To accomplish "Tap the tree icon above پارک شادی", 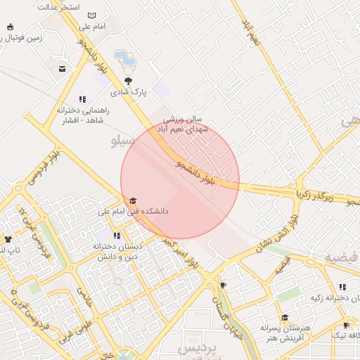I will pyautogui.click(x=127, y=81).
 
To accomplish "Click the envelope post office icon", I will pyautogui.click(x=63, y=69).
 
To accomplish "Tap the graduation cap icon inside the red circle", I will pyautogui.click(x=134, y=201).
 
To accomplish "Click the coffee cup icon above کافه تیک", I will pyautogui.click(x=345, y=325).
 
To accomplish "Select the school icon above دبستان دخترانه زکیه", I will pyautogui.click(x=342, y=287).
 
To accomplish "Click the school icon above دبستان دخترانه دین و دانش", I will pyautogui.click(x=117, y=236).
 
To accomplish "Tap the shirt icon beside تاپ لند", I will pyautogui.click(x=8, y=240).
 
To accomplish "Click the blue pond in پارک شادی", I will pyautogui.click(x=121, y=55).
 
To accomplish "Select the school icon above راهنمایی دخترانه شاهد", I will pyautogui.click(x=82, y=100).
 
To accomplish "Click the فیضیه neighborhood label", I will pyautogui.click(x=340, y=256).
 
